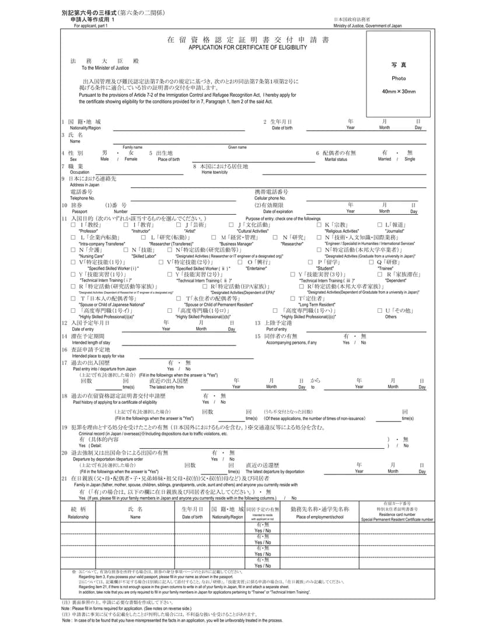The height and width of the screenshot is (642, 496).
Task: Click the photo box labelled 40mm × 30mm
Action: click(x=399, y=75)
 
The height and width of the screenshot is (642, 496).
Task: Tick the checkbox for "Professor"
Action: click(x=74, y=225)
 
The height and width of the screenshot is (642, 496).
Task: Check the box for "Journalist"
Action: click(x=379, y=225)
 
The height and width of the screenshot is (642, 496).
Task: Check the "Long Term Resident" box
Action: click(x=293, y=299)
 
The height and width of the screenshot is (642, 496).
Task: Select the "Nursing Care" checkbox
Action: click(x=74, y=250)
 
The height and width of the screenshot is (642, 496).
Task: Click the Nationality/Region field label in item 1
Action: click(x=85, y=128)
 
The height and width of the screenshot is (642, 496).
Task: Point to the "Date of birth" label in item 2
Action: click(x=282, y=128)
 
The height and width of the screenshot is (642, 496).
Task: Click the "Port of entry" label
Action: click(x=276, y=329)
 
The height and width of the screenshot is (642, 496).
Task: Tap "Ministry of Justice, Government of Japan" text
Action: click(x=368, y=26)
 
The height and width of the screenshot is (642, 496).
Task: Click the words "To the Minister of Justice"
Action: click(x=105, y=68)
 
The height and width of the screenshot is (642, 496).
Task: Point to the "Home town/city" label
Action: click(x=215, y=173)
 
